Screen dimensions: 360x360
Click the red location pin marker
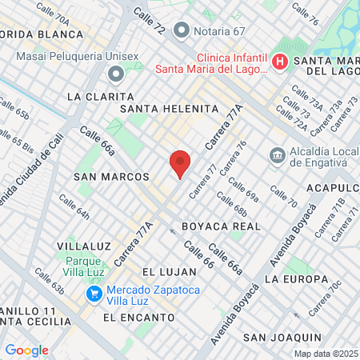pyautogui.click(x=180, y=164)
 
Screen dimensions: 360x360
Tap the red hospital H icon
pyautogui.click(x=280, y=62)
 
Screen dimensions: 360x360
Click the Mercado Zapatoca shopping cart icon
pyautogui.click(x=94, y=294)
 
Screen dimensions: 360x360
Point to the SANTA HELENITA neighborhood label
pyautogui.click(x=169, y=108)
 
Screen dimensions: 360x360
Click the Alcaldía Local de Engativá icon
pyautogui.click(x=277, y=154)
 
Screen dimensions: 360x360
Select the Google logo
pyautogui.click(x=26, y=350)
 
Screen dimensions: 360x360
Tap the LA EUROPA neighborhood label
pyautogui.click(x=296, y=279)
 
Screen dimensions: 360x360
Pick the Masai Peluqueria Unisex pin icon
pyautogui.click(x=115, y=74)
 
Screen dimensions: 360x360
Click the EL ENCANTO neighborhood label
pyautogui.click(x=139, y=317)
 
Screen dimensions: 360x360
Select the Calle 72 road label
pyautogui.click(x=149, y=22)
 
